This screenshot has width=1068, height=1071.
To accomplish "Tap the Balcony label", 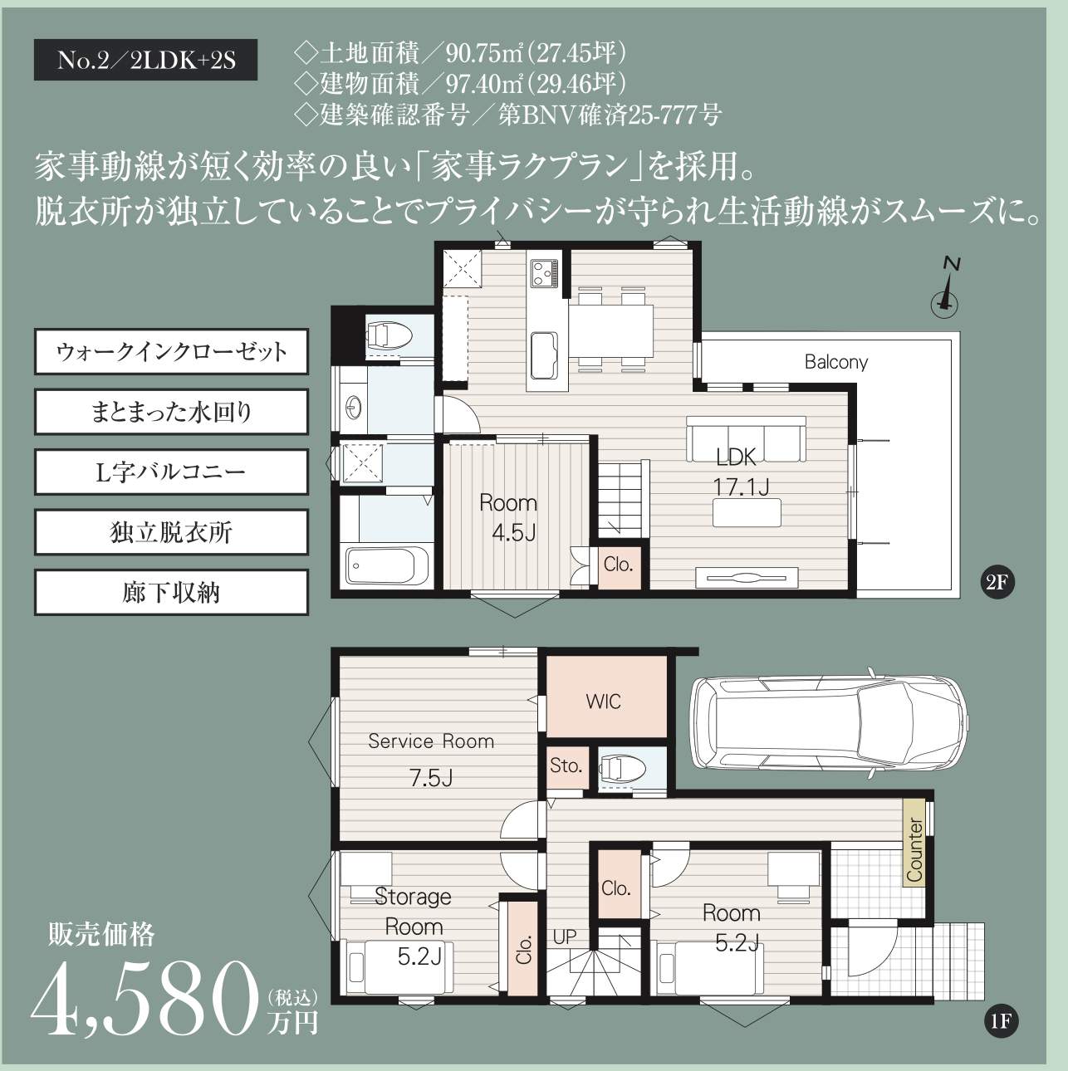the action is tap(835, 362).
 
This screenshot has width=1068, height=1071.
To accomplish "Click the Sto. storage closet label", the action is tap(566, 765).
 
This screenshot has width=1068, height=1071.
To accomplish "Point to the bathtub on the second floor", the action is tap(388, 565).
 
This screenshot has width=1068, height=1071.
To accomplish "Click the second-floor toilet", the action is tap(389, 335).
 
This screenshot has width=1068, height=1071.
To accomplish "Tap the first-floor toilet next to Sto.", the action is tap(622, 769).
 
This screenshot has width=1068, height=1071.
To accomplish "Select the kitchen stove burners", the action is tap(544, 273).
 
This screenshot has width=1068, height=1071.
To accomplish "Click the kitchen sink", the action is tap(545, 355).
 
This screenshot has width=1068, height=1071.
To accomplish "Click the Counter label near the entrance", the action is tap(914, 850).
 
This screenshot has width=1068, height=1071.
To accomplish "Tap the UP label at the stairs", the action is tap(565, 937).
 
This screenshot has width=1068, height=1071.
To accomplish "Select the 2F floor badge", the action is tap(997, 582).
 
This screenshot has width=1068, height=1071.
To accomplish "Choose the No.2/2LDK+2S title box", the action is tap(145, 60).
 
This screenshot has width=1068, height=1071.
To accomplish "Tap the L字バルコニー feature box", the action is tap(171, 472).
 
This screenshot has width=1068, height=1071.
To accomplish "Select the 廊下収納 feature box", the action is tap(171, 593).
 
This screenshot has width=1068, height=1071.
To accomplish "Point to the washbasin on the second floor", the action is tap(354, 408).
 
